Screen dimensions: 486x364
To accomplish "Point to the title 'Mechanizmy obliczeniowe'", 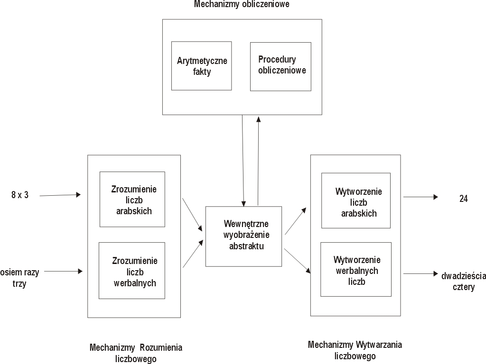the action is [242, 4].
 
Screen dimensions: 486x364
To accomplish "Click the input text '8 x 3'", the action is [20, 195].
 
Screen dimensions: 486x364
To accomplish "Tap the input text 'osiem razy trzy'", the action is [19, 278].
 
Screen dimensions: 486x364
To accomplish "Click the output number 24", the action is [463, 199].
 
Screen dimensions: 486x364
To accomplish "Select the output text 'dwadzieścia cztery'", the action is [463, 282].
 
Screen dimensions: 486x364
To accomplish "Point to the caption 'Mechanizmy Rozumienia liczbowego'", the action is [136, 353].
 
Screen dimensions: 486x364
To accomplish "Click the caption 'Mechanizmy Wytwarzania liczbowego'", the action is [355, 350].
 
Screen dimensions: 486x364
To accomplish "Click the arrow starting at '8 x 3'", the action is [60, 195].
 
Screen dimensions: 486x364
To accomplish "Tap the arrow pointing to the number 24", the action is [421, 197].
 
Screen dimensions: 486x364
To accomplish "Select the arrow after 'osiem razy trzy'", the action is [63, 272].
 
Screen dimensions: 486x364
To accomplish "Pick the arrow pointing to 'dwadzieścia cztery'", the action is [421, 273].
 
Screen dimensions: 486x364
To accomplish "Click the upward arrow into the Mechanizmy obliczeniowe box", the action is [258, 161].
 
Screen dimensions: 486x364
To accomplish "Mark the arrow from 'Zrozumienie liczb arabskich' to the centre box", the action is [192, 215].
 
